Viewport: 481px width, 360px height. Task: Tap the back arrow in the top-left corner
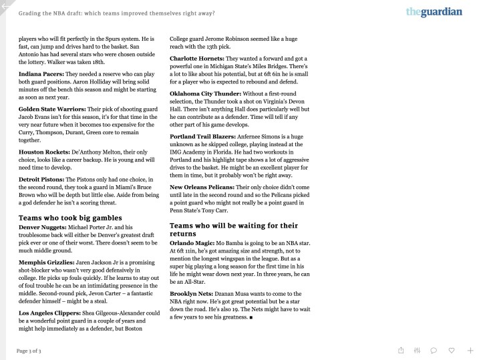pyautogui.click(x=5, y=5)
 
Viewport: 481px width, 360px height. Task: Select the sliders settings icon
pyautogui.click(x=418, y=350)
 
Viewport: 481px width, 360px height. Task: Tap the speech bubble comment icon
pyautogui.click(x=434, y=350)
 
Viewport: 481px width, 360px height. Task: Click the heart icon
pyautogui.click(x=452, y=350)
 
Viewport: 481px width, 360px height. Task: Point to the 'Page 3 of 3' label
pyautogui.click(x=29, y=351)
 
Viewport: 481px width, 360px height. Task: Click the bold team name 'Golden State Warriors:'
pyautogui.click(x=52, y=108)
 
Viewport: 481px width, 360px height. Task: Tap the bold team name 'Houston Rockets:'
pyautogui.click(x=43, y=152)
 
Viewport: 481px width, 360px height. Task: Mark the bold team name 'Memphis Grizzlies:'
pyautogui.click(x=46, y=264)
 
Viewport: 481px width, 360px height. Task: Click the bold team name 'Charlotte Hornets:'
pyautogui.click(x=197, y=59)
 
